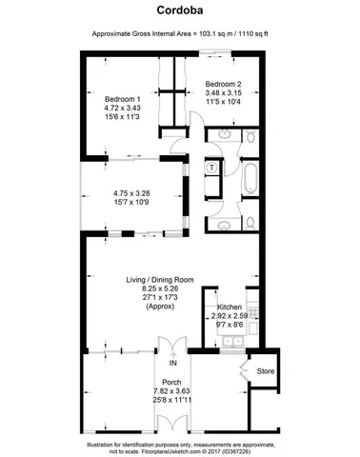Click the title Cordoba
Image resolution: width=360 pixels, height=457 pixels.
click(179, 11)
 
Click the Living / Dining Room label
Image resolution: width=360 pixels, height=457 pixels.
click(160, 279)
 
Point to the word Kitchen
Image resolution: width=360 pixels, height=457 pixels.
click(230, 308)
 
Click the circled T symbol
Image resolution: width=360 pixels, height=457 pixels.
click(211, 170)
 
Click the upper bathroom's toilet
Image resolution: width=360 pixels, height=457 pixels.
click(246, 142)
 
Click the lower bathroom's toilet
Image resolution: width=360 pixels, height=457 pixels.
click(247, 225)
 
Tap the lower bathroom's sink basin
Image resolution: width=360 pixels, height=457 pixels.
click(222, 227)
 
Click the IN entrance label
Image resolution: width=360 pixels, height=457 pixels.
click(172, 364)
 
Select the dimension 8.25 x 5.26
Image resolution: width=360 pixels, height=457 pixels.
click(160, 288)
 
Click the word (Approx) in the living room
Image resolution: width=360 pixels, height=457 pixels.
click(160, 308)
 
